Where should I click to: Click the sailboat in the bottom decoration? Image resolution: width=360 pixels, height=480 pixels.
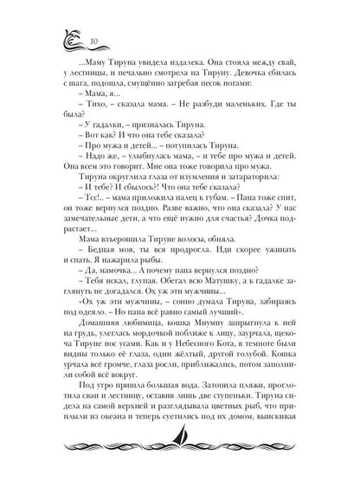point(180,451)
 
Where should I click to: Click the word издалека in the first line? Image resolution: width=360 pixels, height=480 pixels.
point(186,65)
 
